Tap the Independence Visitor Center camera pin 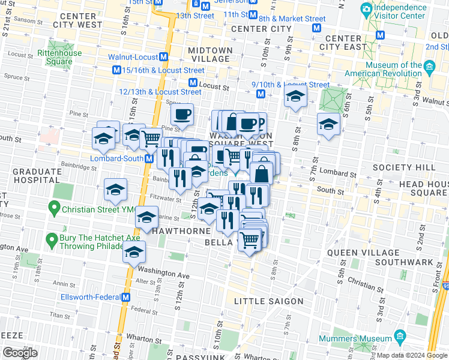coord(366,8)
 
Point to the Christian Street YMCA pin coord(54,209)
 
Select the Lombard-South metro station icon coord(148,158)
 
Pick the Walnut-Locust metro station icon coord(163,58)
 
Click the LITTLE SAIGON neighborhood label coord(268,301)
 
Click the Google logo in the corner coord(20,353)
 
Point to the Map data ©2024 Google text coord(411,355)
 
